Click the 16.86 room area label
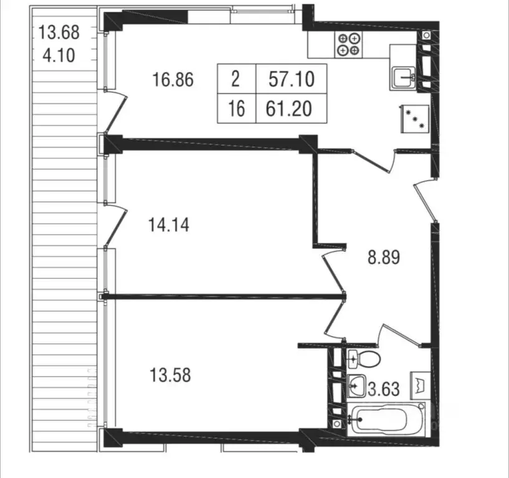[x=173, y=80]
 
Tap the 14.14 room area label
[x=169, y=225]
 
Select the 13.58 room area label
[x=170, y=375]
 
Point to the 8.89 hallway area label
[x=384, y=258]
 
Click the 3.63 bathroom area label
[x=383, y=389]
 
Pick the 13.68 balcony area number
[x=59, y=32]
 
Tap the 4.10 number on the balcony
[x=59, y=55]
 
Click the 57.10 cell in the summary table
[x=292, y=79]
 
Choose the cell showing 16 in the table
[x=237, y=109]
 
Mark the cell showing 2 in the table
[x=237, y=79]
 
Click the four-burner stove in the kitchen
[x=349, y=45]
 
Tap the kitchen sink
[x=404, y=78]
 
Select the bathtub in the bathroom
[x=386, y=419]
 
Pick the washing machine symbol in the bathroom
[x=421, y=386]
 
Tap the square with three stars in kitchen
[x=416, y=119]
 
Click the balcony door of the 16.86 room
[x=116, y=112]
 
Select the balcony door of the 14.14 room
[x=116, y=225]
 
